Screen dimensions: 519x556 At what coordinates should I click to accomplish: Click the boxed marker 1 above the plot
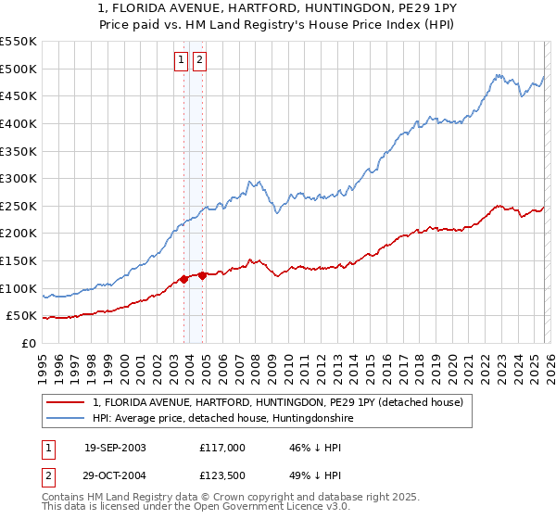point(181,61)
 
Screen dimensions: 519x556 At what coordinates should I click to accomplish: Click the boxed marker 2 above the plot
point(199,61)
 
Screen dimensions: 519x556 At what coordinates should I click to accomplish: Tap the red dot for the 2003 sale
point(184,278)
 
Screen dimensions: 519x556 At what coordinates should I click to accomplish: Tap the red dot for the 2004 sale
point(202,275)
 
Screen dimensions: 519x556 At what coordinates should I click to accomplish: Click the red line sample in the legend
point(66,402)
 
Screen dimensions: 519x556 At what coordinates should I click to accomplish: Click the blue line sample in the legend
point(66,419)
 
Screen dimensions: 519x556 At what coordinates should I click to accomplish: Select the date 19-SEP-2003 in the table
point(115,448)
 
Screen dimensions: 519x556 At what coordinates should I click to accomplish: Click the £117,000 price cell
point(221,448)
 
